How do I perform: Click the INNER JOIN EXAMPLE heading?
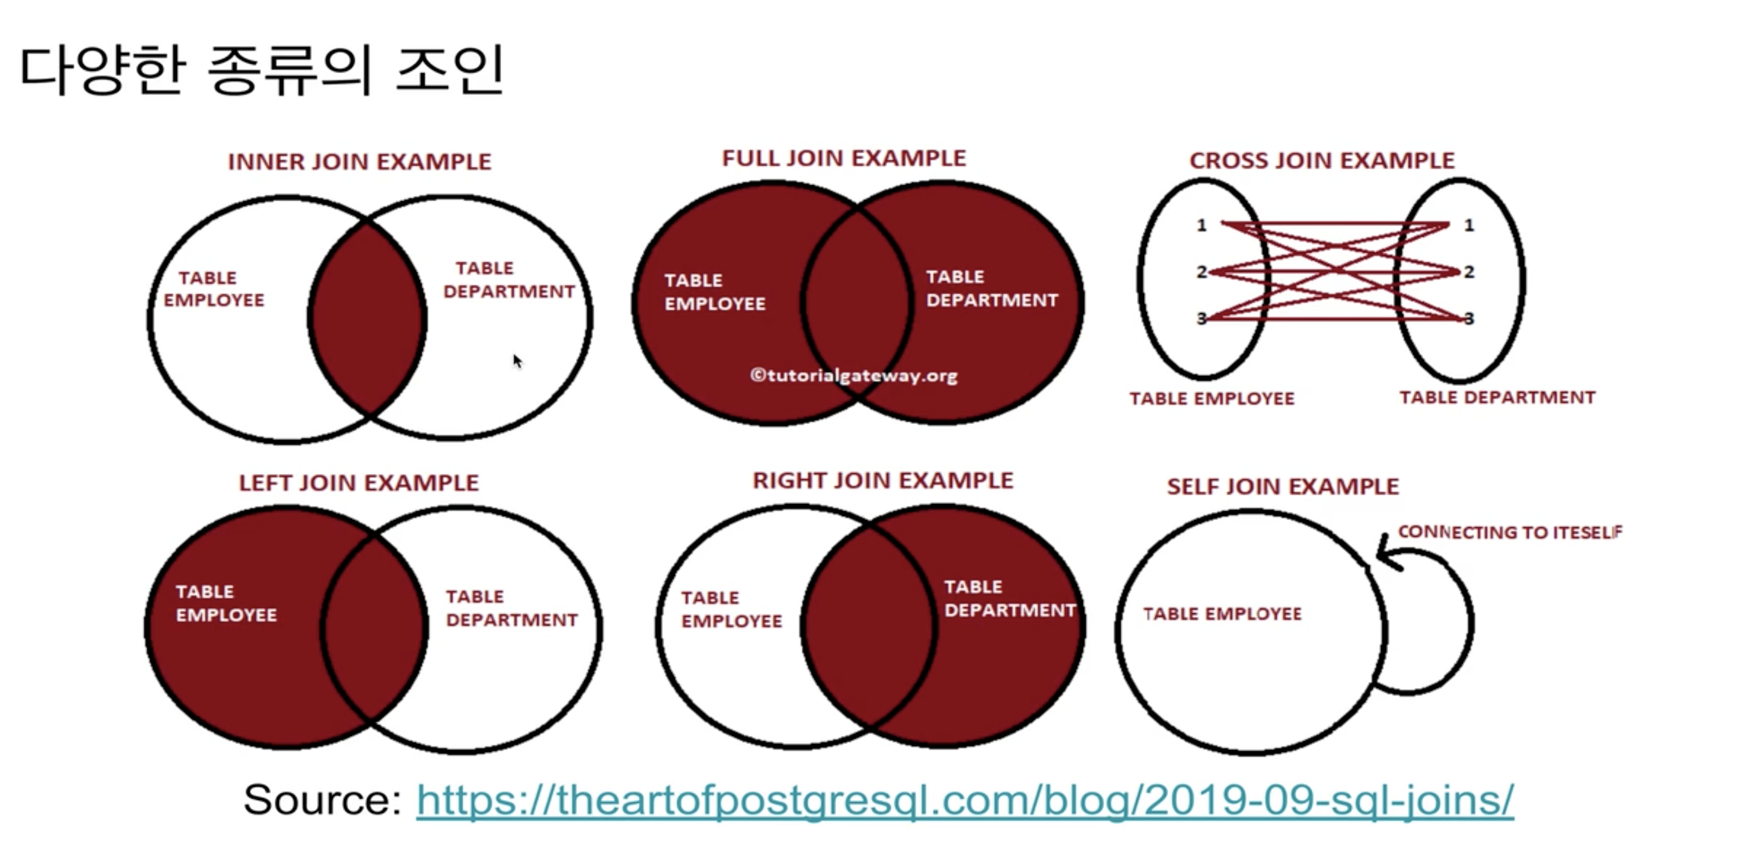pos(360,161)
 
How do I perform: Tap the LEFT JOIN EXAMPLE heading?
pos(358,483)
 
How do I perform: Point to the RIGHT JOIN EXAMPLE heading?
pos(882,481)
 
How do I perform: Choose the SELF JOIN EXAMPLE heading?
pos(1283,487)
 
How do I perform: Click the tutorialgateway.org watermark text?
pos(854,375)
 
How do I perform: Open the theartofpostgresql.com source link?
pos(965,799)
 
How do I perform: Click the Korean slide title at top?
pos(261,70)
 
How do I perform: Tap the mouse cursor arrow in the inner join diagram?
pos(517,360)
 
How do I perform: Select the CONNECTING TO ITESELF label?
pos(1510,532)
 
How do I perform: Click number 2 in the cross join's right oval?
pos(1469,272)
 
